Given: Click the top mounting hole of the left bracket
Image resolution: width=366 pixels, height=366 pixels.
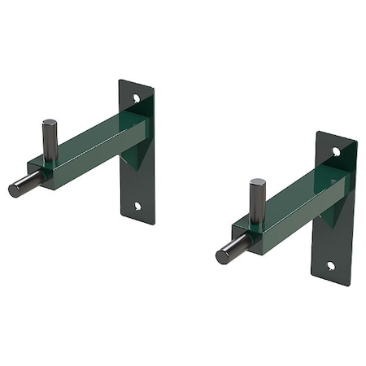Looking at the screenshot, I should point(137,98).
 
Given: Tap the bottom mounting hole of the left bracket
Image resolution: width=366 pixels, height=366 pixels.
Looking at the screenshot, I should point(137,206).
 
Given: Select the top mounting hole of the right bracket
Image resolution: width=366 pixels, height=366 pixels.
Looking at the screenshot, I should point(336,151).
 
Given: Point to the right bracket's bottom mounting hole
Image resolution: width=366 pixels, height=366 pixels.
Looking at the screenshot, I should point(331,265).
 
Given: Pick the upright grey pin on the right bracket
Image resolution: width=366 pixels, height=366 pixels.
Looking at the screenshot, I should point(257,200).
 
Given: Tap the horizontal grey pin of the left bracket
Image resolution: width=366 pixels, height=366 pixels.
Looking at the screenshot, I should point(24,185).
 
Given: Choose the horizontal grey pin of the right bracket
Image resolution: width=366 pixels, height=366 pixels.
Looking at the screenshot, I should point(232,250).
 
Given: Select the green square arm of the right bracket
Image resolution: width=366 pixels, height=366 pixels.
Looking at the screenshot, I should point(301,199).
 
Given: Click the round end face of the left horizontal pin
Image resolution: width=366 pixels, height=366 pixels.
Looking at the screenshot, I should point(14,190).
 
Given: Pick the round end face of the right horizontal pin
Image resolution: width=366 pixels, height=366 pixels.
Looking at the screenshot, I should point(221,257).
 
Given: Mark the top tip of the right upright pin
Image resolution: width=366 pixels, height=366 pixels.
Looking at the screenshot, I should point(257,182).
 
